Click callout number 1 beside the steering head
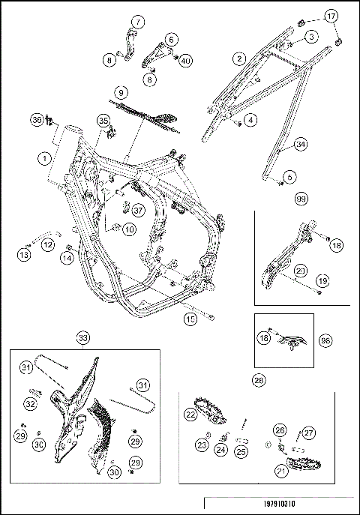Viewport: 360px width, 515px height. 44,159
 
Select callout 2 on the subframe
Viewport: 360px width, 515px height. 239,58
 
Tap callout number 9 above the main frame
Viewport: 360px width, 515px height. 121,93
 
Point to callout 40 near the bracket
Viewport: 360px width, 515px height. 185,61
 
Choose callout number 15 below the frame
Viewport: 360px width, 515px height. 190,319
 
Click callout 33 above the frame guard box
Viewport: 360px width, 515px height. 83,338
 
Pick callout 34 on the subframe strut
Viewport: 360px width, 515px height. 301,144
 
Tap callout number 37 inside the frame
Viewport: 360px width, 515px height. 138,210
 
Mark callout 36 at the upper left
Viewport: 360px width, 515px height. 37,120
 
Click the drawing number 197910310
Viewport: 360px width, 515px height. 279,504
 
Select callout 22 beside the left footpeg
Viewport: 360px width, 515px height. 190,415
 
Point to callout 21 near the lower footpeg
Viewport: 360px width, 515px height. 281,472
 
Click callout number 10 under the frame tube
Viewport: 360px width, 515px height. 130,229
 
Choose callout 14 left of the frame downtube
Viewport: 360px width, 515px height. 67,258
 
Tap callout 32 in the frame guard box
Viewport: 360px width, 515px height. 31,403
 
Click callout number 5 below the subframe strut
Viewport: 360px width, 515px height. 289,177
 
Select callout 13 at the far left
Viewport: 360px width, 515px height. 24,255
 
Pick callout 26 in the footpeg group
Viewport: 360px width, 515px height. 280,430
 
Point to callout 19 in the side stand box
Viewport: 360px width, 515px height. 323,281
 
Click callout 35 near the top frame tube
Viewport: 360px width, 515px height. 103,121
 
